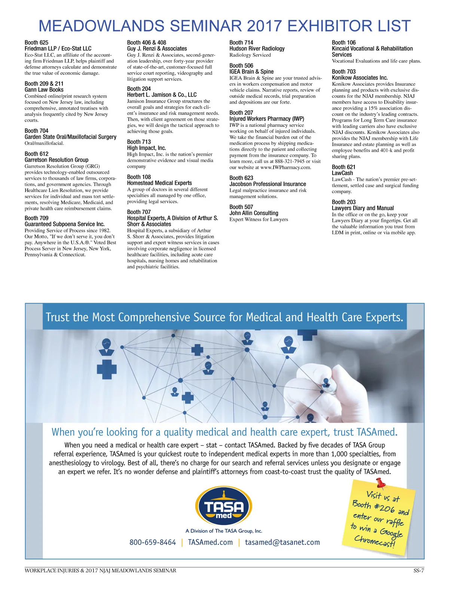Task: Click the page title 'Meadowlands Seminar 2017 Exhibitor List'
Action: coord(224,26)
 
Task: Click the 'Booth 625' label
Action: coord(36,43)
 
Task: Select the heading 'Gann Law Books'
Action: coord(44,90)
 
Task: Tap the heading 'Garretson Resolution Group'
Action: coord(56,160)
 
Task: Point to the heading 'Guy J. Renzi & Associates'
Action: coord(157,49)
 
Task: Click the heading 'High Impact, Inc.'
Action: coord(146,148)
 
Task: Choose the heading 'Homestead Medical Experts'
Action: coord(159,183)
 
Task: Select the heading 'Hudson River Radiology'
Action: coord(257,49)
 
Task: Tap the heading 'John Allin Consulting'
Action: coord(254,213)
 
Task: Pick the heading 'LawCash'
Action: coord(342,173)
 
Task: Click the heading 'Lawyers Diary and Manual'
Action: coord(363,208)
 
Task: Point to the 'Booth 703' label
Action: coord(343,71)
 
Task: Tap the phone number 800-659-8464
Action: coord(153,542)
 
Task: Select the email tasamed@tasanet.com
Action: coord(282,542)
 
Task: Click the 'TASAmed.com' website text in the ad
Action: coord(210,542)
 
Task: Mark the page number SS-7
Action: coord(418,571)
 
